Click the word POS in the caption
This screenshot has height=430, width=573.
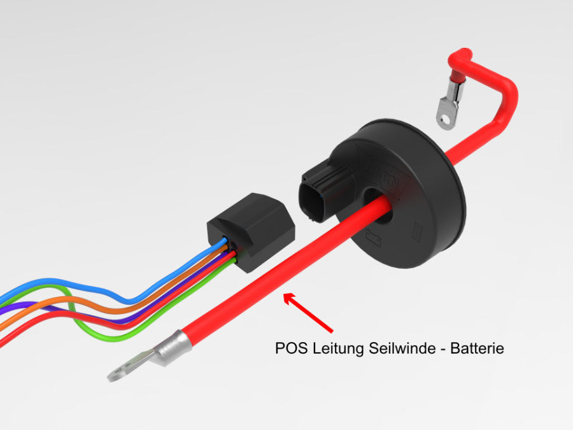(288, 349)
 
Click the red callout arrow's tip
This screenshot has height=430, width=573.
(285, 294)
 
